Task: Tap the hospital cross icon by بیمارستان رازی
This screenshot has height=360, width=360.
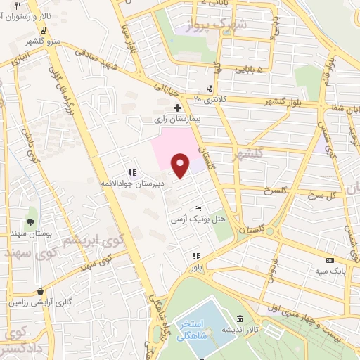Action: pos(178,108)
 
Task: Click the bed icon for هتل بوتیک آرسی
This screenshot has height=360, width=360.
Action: pos(198,209)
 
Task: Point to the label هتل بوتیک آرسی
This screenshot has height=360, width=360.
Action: pos(200,219)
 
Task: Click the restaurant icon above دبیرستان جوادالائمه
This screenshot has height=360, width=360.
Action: pos(132,172)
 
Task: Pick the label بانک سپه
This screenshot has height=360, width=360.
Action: pos(327,270)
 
